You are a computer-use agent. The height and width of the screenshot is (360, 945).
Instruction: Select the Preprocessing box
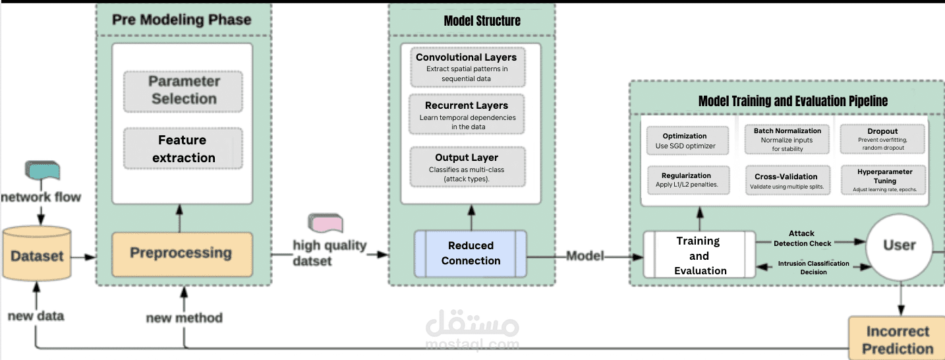point(181,253)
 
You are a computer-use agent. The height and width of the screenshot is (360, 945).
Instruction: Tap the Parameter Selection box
point(183,90)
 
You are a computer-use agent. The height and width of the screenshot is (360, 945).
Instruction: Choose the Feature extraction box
point(183,149)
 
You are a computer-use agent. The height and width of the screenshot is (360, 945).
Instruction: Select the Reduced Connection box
point(471,253)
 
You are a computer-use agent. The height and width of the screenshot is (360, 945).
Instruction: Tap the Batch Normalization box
point(787,140)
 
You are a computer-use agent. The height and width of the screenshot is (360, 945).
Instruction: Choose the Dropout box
point(882,140)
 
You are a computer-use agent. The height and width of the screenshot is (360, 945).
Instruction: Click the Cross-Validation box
point(787,181)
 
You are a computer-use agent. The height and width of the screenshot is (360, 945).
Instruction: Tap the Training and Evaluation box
point(700,255)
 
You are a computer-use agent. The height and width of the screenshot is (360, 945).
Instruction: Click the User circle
point(899,246)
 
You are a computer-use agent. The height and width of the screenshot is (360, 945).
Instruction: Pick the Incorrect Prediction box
point(898,339)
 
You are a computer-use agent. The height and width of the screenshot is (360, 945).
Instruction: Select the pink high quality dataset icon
point(326,224)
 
